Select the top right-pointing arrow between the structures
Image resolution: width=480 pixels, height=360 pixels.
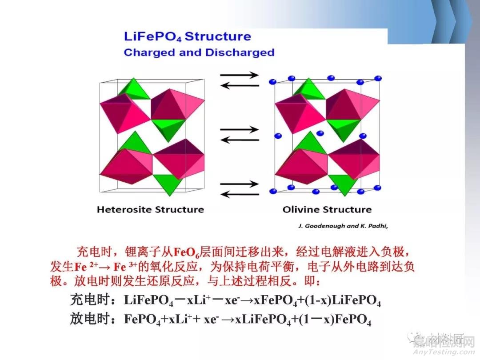(x=240, y=75)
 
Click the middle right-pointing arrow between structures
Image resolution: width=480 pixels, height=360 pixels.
(x=240, y=130)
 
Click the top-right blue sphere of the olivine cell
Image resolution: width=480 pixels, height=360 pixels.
(x=378, y=78)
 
